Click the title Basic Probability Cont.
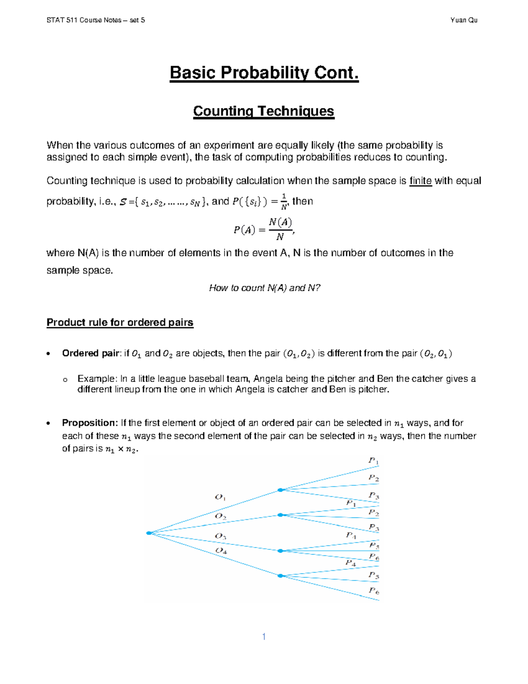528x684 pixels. coord(264,73)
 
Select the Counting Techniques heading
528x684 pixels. coord(264,111)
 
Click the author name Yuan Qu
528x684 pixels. coord(464,20)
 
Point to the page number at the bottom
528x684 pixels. coord(264,636)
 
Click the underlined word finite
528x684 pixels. coord(421,181)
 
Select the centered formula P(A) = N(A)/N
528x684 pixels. coord(264,229)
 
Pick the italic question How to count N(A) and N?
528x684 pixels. coord(264,288)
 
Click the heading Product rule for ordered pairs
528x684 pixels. coord(120,322)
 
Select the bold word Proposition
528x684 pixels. coord(90,423)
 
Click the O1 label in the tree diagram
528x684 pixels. coord(220,497)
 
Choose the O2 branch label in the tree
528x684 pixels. coord(220,516)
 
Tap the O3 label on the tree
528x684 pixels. coord(220,536)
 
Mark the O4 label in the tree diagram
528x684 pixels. coord(221,551)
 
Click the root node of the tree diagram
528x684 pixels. coord(149,533)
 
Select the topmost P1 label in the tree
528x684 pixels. coord(373,461)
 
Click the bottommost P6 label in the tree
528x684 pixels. coord(374,591)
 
